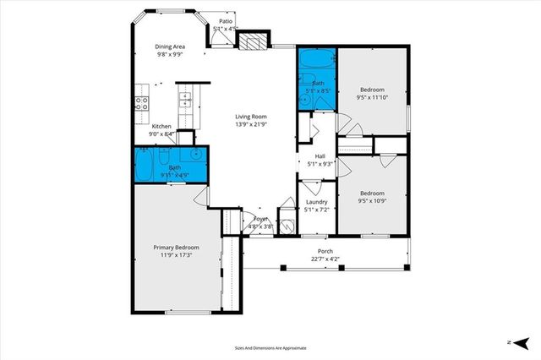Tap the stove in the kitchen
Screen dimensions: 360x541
[141, 104]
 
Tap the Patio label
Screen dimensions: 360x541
[226, 21]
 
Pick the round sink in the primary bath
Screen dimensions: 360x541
[196, 155]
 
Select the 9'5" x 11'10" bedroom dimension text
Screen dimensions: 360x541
[372, 97]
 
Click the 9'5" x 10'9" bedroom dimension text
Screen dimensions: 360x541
[372, 200]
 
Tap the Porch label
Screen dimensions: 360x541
[325, 251]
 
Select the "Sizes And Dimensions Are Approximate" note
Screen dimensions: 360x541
[270, 347]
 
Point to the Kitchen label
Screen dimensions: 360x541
[161, 126]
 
